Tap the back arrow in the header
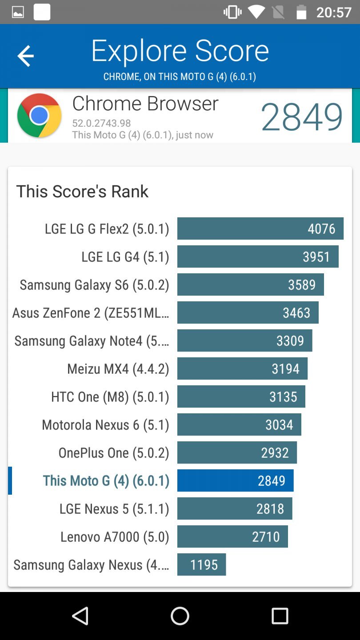[25, 56]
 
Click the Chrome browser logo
[39, 116]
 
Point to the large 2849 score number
[301, 117]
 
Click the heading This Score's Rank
[82, 192]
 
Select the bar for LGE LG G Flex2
[260, 228]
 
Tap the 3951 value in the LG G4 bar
[316, 257]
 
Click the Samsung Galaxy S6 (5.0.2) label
[94, 285]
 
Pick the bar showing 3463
[248, 313]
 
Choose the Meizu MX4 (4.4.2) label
[118, 369]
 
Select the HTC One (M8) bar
[241, 397]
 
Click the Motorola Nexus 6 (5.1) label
[105, 425]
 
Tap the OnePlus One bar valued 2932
[237, 453]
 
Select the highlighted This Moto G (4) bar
[235, 481]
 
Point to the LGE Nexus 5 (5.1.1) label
[114, 509]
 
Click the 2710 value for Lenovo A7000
[266, 537]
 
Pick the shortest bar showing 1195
[201, 565]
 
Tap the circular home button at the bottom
[180, 616]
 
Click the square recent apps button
[280, 616]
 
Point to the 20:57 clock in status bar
[333, 12]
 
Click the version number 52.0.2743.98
[101, 123]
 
